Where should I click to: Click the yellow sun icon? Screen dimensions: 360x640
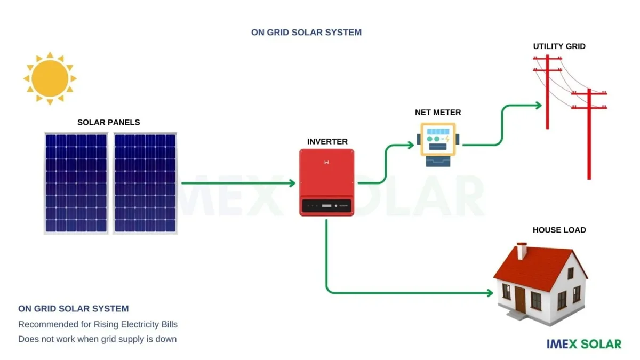tap(50, 78)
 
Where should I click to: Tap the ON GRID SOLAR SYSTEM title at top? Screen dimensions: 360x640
tap(306, 33)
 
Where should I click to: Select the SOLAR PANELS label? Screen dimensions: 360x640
tap(109, 122)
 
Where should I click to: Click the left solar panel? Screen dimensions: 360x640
tap(76, 183)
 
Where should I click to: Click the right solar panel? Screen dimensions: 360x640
tap(145, 183)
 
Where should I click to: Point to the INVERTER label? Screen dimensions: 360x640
tap(327, 142)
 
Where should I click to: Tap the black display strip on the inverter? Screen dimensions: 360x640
tap(326, 205)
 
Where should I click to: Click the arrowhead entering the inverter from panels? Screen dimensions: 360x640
tap(292, 183)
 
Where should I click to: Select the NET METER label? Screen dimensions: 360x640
tap(438, 113)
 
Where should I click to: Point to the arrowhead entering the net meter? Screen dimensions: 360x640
tap(411, 145)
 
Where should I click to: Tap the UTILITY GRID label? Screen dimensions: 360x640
tap(559, 46)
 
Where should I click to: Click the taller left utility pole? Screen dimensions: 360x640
tap(547, 91)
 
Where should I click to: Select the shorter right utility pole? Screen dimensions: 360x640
tap(589, 133)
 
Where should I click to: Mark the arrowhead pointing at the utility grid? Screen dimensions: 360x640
tap(538, 105)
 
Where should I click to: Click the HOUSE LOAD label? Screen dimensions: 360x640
tap(559, 230)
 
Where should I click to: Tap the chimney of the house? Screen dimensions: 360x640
tap(522, 250)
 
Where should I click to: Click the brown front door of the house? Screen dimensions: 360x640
tap(520, 299)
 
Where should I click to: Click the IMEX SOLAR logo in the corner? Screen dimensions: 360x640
tap(583, 344)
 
